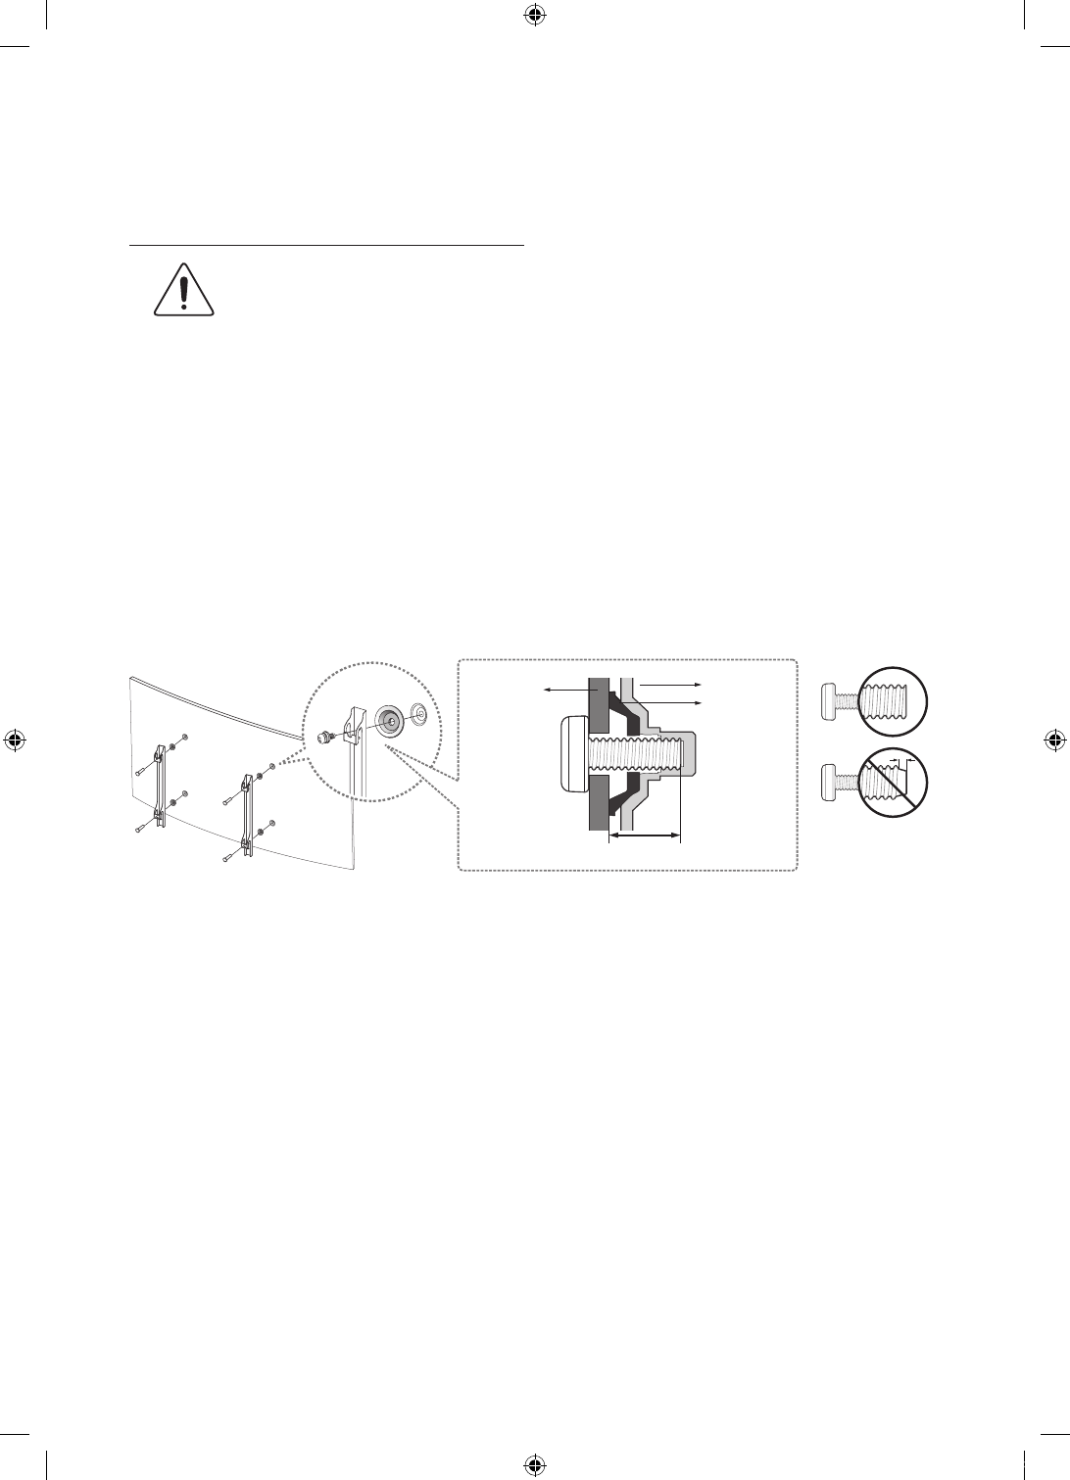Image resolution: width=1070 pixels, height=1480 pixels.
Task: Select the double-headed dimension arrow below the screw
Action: click(x=644, y=835)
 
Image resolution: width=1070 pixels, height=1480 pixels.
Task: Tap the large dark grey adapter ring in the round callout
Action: click(x=390, y=720)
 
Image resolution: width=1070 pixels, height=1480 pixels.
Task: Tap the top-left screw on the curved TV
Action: click(x=184, y=737)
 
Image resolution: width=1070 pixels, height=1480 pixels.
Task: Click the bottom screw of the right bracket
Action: click(x=226, y=859)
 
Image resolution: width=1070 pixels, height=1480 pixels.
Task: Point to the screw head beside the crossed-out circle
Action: click(x=833, y=783)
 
